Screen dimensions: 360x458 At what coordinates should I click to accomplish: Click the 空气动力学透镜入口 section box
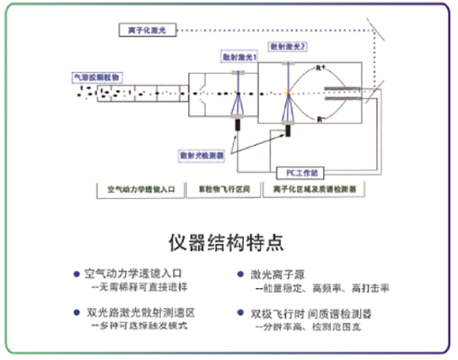(145, 190)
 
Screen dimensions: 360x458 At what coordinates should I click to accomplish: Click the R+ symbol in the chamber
(322, 68)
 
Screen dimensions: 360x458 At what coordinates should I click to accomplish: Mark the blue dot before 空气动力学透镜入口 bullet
(75, 274)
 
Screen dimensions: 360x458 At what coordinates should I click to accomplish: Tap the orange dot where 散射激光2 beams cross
(288, 94)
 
